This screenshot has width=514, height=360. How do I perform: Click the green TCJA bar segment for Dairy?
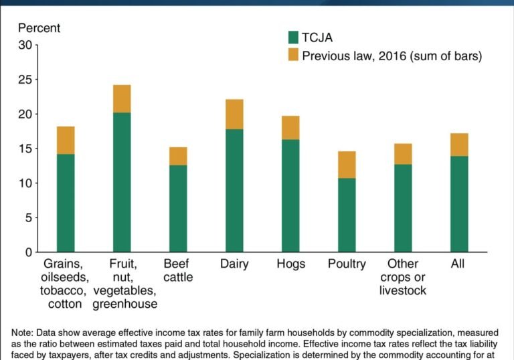pos(234,191)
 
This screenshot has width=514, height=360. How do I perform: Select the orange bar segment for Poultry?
pos(347,165)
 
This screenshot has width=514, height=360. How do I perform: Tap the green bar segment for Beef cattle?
pos(178,209)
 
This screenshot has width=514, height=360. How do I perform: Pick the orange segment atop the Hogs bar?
pos(290,128)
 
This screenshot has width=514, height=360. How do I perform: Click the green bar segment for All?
pos(459,204)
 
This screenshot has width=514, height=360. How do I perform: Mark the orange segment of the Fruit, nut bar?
pos(122,99)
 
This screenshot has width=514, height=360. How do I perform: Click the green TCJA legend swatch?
pos(293,37)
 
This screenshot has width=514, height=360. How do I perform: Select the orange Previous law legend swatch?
pos(293,56)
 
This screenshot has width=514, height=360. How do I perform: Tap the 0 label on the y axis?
pos(28,252)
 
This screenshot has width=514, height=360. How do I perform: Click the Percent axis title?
pos(39,28)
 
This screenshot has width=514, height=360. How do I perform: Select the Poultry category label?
pos(347,264)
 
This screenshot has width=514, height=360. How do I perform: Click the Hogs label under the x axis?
pos(290,264)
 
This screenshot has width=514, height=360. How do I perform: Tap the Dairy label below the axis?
pos(234,264)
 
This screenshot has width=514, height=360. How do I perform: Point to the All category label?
pos(458,264)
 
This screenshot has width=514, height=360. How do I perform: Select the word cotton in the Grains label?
pos(65,304)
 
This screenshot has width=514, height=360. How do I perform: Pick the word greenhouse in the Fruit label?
pos(124,304)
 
